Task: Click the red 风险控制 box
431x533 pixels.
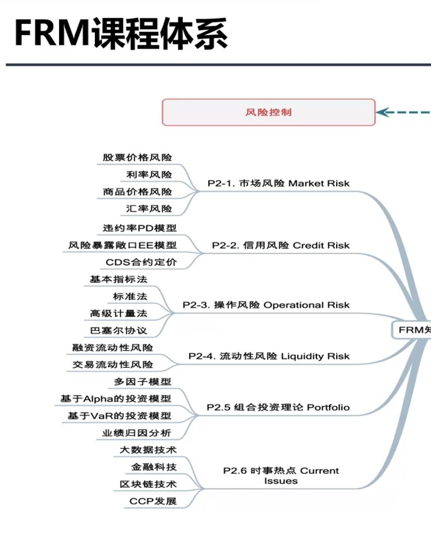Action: click(x=269, y=112)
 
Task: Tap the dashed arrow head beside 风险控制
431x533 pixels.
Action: click(x=383, y=112)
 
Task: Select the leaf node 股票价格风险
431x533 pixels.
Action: click(x=137, y=158)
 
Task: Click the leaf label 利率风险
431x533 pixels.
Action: click(x=149, y=174)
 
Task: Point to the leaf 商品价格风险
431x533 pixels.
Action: click(x=137, y=192)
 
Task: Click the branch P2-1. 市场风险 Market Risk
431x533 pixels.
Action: click(x=278, y=183)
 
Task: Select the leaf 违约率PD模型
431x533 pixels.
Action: click(x=140, y=228)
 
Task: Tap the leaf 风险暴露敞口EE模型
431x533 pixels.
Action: click(x=123, y=245)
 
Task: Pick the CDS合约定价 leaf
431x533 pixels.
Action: click(x=141, y=263)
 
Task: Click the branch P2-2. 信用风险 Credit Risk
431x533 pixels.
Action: click(x=280, y=245)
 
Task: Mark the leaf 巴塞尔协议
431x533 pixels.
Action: click(x=119, y=330)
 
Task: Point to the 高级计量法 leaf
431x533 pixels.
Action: click(x=119, y=313)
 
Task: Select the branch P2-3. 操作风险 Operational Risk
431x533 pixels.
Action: click(x=266, y=305)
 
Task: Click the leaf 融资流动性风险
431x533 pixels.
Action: click(x=113, y=347)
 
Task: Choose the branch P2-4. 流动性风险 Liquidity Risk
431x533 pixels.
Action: click(x=269, y=356)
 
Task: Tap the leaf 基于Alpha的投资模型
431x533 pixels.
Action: click(x=116, y=398)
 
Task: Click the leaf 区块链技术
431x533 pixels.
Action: click(x=148, y=485)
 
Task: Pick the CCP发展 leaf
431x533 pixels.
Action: click(x=153, y=501)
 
